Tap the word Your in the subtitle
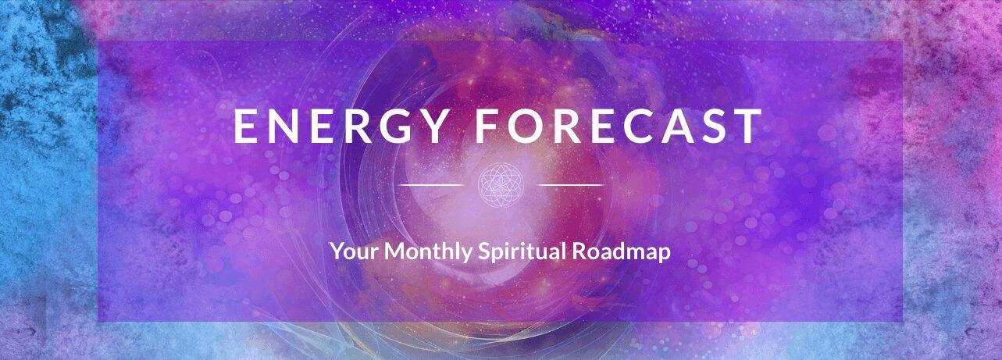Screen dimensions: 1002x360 point(355,251)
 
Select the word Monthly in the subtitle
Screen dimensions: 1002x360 point(428,251)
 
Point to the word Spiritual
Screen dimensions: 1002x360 point(522,251)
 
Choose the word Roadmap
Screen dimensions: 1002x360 point(622,251)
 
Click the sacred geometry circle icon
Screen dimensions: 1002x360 point(501,185)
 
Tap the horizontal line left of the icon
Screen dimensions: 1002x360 point(431,185)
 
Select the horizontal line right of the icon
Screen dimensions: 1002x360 point(571,185)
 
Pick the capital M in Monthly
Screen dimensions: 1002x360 point(396,251)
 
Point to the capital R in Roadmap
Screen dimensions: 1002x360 point(579,251)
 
